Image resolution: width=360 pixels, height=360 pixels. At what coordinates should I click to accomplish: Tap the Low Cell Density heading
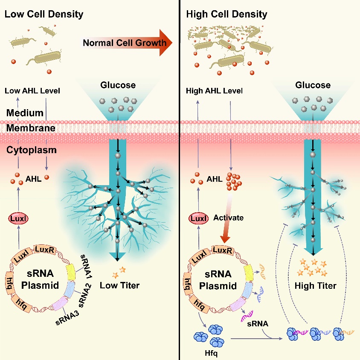pos(44,14)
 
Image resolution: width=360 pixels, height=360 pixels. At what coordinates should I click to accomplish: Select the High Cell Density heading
pos(226,14)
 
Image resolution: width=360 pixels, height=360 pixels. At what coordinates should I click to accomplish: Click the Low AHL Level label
pos(33,91)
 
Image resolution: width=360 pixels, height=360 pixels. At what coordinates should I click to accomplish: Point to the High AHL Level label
pos(215,91)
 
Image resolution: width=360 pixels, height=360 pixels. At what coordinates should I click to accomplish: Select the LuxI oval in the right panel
pos(199,218)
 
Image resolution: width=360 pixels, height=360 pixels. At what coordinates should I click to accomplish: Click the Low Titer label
pos(119,285)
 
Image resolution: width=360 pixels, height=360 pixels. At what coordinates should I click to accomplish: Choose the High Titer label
pos(316,285)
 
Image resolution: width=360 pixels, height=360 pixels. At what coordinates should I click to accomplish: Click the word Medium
pos(24,113)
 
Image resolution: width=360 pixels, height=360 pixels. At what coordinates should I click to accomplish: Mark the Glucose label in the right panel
pos(313,85)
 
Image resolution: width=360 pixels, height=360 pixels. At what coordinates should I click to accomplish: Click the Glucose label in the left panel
pos(118,85)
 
